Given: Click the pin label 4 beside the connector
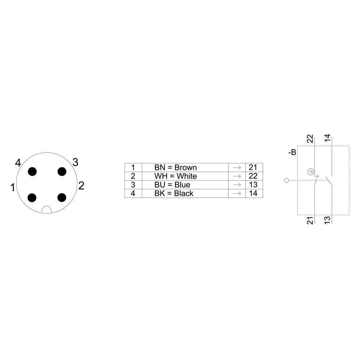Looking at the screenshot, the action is [18, 163].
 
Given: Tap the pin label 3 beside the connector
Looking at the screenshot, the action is [76, 162].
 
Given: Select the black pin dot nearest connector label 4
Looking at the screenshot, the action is [32, 171].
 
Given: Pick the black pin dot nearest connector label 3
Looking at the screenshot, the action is [62, 171].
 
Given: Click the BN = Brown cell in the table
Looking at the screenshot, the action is [185, 167].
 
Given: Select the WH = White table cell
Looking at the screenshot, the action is [185, 176].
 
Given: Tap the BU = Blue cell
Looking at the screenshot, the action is [185, 185].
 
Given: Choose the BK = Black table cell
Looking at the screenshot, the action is [185, 193].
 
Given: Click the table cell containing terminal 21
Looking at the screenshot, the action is [254, 167].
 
